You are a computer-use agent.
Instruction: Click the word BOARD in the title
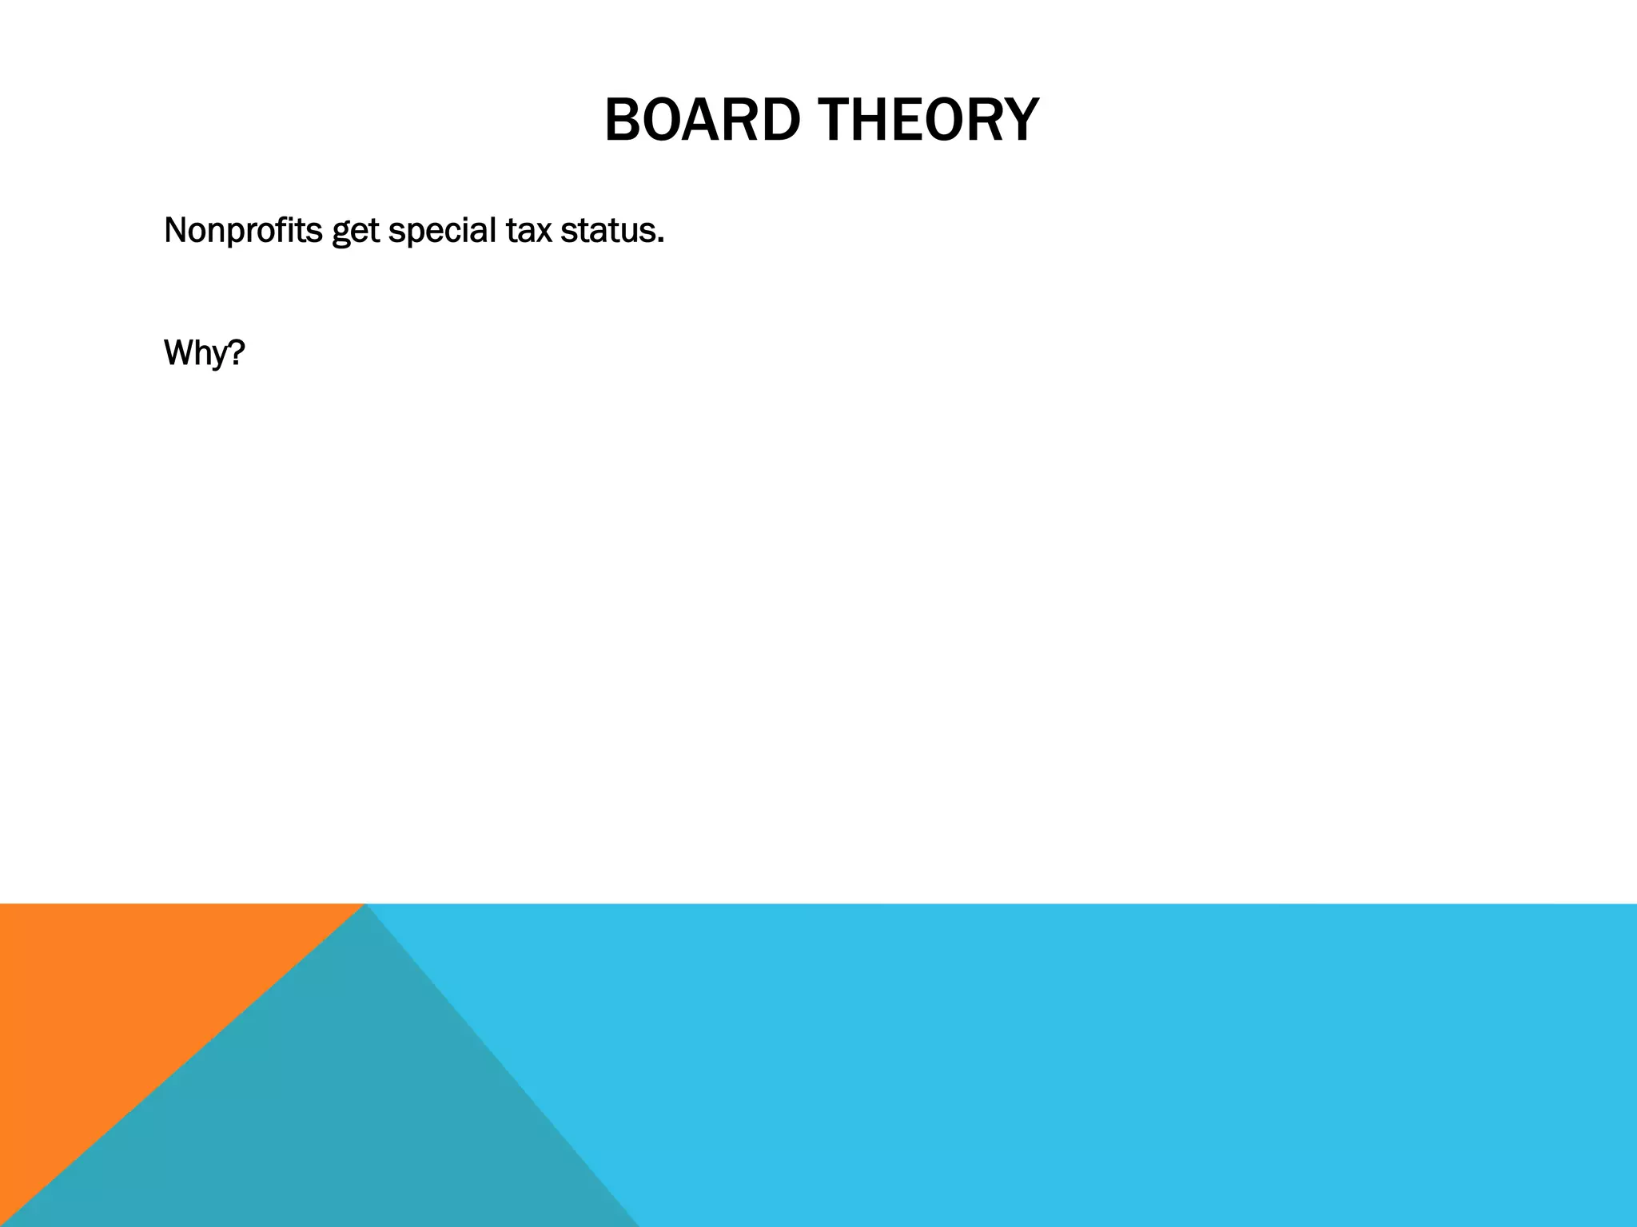pyautogui.click(x=702, y=120)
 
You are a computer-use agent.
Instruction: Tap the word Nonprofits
pyautogui.click(x=243, y=231)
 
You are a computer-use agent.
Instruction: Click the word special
pyautogui.click(x=442, y=232)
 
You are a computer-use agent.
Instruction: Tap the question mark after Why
pyautogui.click(x=236, y=351)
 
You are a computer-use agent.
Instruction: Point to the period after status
pyautogui.click(x=661, y=240)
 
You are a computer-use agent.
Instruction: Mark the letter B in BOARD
pyautogui.click(x=623, y=120)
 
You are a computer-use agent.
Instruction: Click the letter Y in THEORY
pyautogui.click(x=1020, y=120)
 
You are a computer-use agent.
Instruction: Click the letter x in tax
pyautogui.click(x=544, y=232)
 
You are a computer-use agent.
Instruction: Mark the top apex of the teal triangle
pyautogui.click(x=364, y=906)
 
